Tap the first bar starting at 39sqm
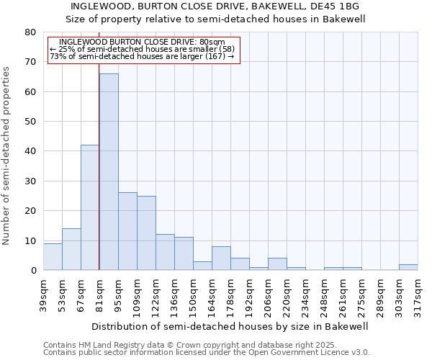point(53,257)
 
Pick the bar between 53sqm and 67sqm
point(71,249)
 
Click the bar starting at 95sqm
point(127,231)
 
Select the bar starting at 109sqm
point(146,233)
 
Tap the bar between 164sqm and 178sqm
point(221,258)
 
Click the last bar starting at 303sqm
point(408,267)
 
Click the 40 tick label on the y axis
point(30,151)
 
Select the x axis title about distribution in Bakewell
point(230,326)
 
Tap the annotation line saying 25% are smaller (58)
point(143,50)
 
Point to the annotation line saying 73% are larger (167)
point(143,57)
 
